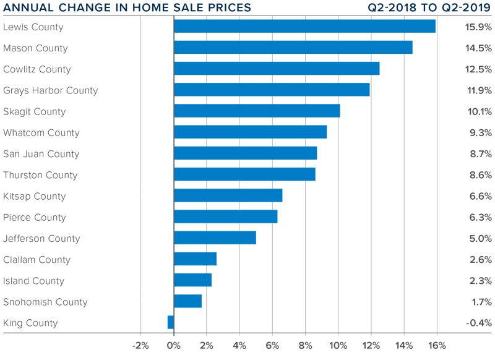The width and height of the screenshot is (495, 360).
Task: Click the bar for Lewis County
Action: (304, 27)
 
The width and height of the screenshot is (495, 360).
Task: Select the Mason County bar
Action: (293, 48)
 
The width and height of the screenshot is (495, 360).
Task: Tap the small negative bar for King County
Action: (171, 322)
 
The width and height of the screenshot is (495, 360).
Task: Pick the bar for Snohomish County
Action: (188, 301)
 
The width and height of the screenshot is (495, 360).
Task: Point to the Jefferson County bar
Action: (215, 238)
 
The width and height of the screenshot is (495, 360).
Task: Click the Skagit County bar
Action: (257, 111)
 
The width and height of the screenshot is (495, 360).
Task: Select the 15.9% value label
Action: (478, 27)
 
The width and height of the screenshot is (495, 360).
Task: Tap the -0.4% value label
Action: (478, 323)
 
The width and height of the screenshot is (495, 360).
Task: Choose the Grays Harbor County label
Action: (50, 90)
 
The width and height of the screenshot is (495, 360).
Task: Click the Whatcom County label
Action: (41, 133)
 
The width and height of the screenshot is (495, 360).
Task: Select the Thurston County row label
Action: (40, 175)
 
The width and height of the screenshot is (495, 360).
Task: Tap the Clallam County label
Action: (37, 260)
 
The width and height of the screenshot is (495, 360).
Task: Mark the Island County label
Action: (33, 281)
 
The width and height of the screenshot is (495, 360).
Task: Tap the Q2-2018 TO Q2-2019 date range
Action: (430, 8)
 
